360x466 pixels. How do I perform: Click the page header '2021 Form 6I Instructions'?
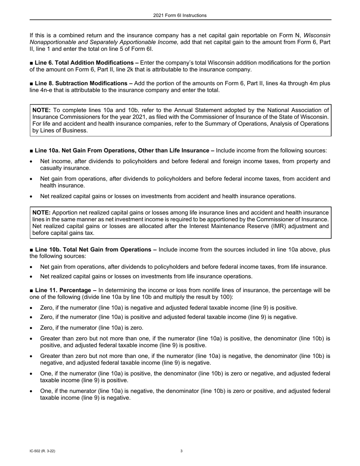[x=180, y=16]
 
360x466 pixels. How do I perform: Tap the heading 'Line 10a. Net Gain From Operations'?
[x=122, y=151]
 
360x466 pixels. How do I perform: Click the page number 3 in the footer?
[x=182, y=451]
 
